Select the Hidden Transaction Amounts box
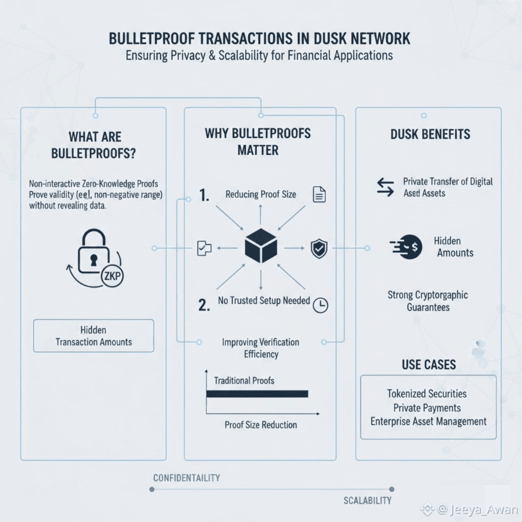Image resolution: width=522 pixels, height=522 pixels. click(x=93, y=336)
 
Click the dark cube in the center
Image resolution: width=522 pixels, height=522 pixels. click(x=260, y=247)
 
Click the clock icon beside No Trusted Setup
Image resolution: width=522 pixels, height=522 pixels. click(x=321, y=305)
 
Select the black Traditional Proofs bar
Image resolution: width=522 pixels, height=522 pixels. click(x=257, y=394)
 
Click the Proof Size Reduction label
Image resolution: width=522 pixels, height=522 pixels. click(x=260, y=425)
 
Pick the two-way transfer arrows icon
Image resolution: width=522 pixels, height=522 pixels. click(x=385, y=187)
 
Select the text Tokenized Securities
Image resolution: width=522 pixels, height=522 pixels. click(x=427, y=394)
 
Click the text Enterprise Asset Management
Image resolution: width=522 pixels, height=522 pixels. click(x=428, y=422)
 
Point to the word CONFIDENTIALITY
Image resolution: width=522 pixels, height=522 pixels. click(x=187, y=478)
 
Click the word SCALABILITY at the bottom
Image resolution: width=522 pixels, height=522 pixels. click(x=367, y=501)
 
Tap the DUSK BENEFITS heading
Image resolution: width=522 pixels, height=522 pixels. click(x=430, y=135)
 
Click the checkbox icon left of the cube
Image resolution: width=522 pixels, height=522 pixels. click(x=201, y=248)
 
